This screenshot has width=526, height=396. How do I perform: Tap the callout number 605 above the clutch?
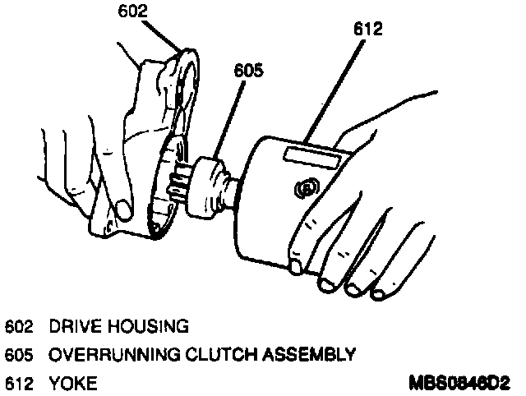point(248,71)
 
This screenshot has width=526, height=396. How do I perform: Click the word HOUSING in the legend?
point(147,326)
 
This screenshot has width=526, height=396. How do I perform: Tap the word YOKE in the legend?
point(72,383)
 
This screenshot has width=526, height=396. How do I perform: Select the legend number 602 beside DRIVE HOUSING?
point(18,326)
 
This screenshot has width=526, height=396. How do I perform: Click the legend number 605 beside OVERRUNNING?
point(18,355)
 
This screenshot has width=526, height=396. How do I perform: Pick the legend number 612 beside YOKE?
point(18,383)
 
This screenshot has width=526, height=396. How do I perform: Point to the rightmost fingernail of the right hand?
point(380,292)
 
